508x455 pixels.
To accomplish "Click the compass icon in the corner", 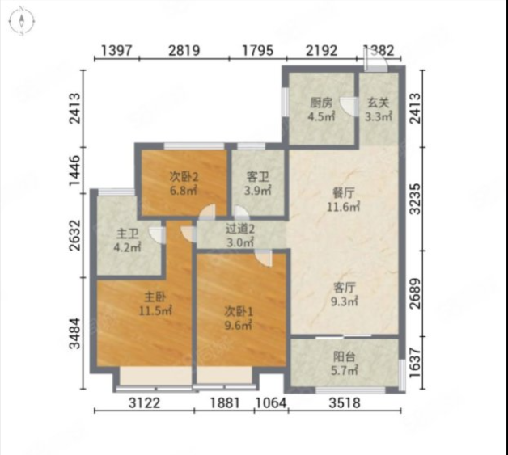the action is pos(22,21).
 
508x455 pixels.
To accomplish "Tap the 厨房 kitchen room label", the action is pos(321,103).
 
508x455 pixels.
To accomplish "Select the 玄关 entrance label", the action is pos(378,103).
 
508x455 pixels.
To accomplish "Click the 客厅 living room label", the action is pos(345,288).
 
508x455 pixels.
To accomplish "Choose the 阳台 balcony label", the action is pos(345,356).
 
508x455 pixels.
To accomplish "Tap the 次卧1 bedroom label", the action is pos(239,312).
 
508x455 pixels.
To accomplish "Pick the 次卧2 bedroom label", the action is pos(184,177).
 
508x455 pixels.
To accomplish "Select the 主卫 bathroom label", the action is pos(127,234).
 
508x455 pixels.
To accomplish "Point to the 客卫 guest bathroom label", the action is pos(258,177).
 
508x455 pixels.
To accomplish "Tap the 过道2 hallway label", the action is pos(240,230).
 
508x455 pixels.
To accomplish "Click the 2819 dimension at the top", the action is pos(184,50).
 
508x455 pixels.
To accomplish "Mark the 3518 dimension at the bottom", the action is pos(345,403).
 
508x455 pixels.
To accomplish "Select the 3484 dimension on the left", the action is pos(75,333).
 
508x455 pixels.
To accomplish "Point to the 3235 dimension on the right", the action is pos(415,199).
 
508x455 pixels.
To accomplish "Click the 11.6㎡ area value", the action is pos(343,207).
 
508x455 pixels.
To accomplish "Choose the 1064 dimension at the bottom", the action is pos(271,403).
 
